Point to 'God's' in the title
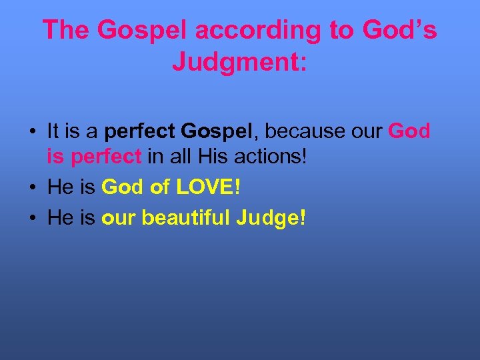click(399, 30)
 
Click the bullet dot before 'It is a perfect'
click(32, 131)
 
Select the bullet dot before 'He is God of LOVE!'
click(32, 188)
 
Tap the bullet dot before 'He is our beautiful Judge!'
click(32, 217)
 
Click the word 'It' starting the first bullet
click(53, 131)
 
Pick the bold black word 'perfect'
click(138, 131)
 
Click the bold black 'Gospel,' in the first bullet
click(211, 131)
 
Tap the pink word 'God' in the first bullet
click(409, 131)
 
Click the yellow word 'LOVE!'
click(207, 188)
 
